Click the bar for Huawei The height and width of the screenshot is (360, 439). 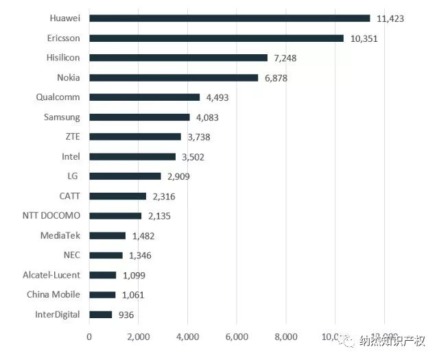tap(230, 19)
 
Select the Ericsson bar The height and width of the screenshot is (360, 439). tap(217, 38)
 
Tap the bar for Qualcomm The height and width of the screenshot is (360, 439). tap(145, 97)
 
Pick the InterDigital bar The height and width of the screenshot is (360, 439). tap(101, 315)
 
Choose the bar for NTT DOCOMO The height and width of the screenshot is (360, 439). tap(115, 216)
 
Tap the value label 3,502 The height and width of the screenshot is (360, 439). tap(193, 157)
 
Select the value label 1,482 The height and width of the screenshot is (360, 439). tap(143, 236)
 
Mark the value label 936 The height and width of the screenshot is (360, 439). tap(126, 315)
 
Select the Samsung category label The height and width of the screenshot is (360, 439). tap(62, 117)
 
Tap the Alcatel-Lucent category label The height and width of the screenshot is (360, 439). tap(51, 275)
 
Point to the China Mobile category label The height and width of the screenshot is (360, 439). tap(54, 295)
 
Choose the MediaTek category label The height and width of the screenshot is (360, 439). tap(60, 235)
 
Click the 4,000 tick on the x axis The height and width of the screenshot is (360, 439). tap(187, 337)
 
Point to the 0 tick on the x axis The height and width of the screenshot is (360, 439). tap(89, 337)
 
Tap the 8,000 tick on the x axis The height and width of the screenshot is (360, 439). tap(285, 337)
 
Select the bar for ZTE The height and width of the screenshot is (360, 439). tap(135, 137)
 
